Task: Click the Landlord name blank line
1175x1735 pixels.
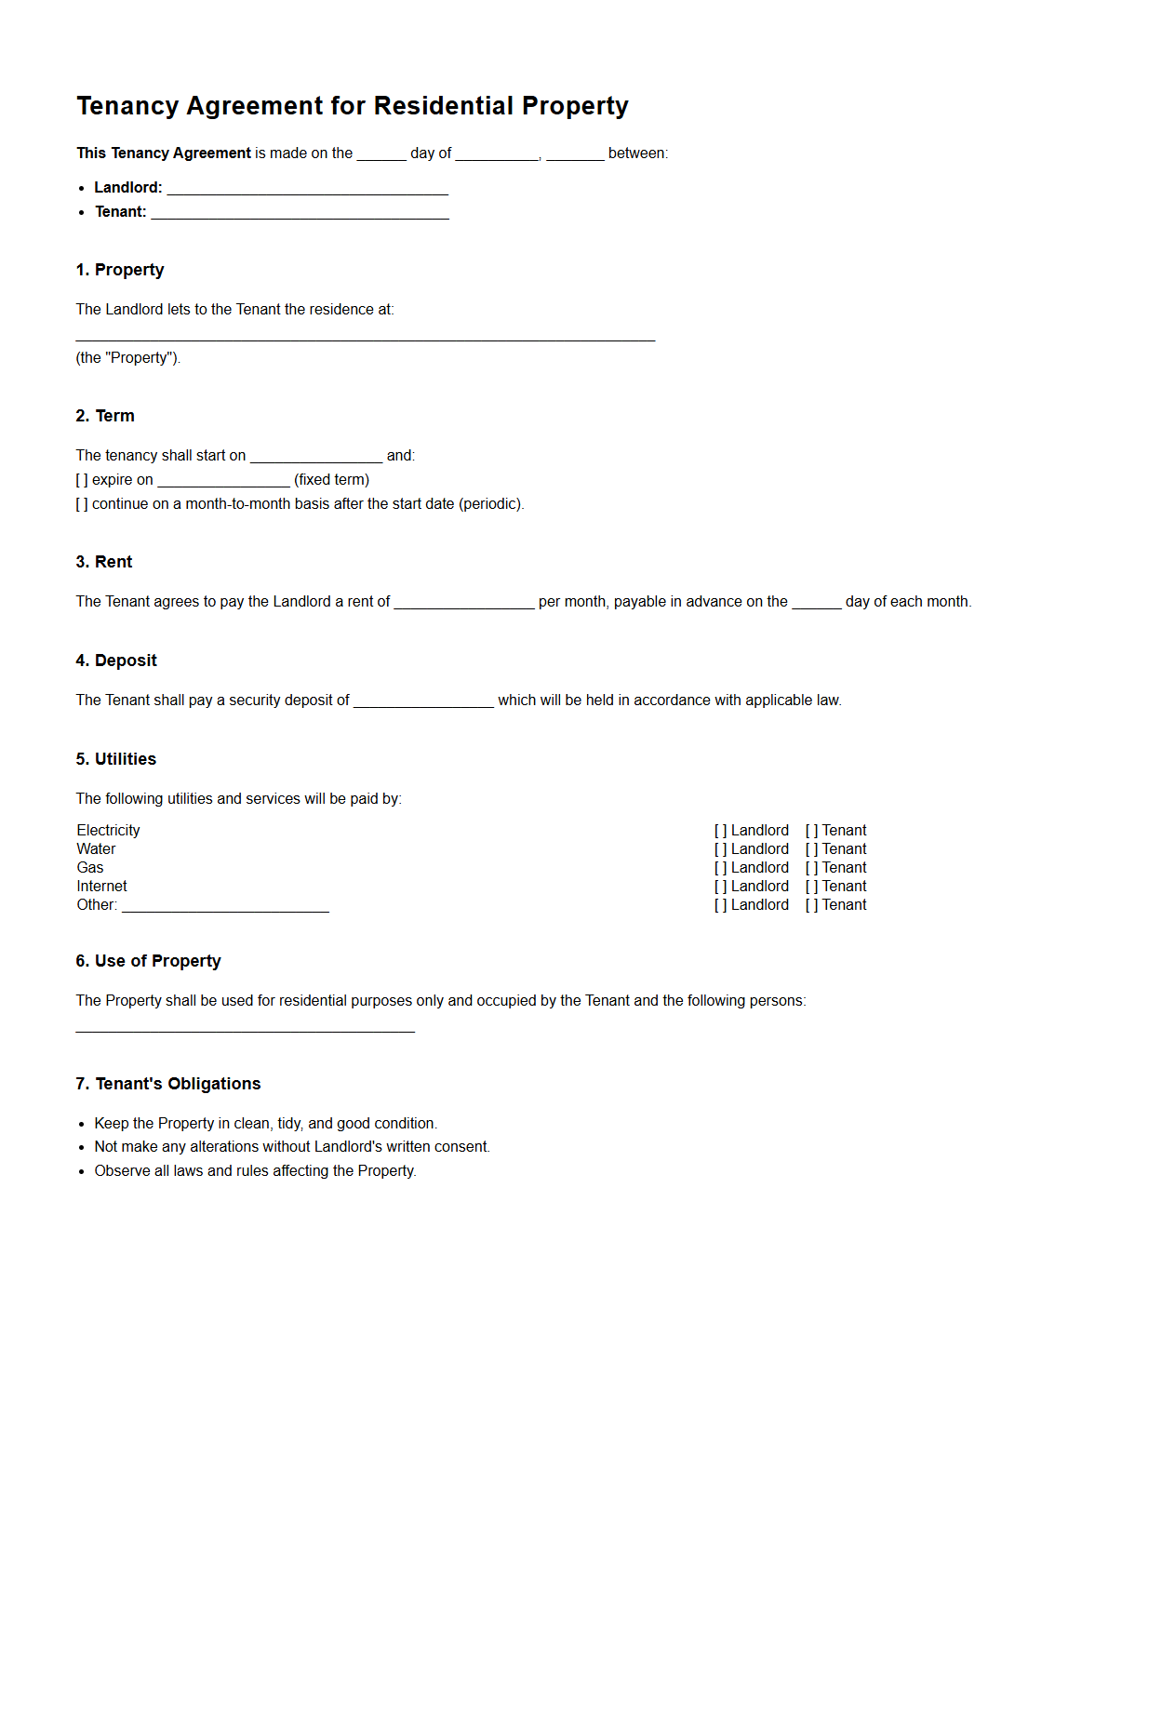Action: (x=307, y=190)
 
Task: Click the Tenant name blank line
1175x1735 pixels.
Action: (x=300, y=214)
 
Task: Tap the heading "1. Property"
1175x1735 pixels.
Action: (x=120, y=270)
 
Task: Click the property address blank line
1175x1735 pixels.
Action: (x=365, y=336)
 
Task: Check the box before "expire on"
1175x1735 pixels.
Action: (x=82, y=480)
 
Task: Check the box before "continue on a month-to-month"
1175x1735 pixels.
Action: (x=82, y=504)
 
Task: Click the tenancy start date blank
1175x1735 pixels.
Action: (x=316, y=457)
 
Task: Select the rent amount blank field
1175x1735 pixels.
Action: (x=463, y=604)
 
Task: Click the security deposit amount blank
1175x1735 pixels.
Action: (x=423, y=702)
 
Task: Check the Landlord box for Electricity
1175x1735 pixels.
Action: (x=720, y=831)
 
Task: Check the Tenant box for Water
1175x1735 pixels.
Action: (x=811, y=849)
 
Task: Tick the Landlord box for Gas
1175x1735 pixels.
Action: (x=720, y=868)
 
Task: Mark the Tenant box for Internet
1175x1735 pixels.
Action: (x=811, y=887)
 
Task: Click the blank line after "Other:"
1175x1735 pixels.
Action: (x=225, y=907)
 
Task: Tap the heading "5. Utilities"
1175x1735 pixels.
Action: (x=116, y=759)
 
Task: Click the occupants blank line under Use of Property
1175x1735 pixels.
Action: (x=245, y=1027)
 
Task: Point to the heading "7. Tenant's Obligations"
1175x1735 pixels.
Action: (x=168, y=1084)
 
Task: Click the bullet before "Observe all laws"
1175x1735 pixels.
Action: (x=82, y=1172)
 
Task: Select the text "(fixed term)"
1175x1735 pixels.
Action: (x=331, y=480)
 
